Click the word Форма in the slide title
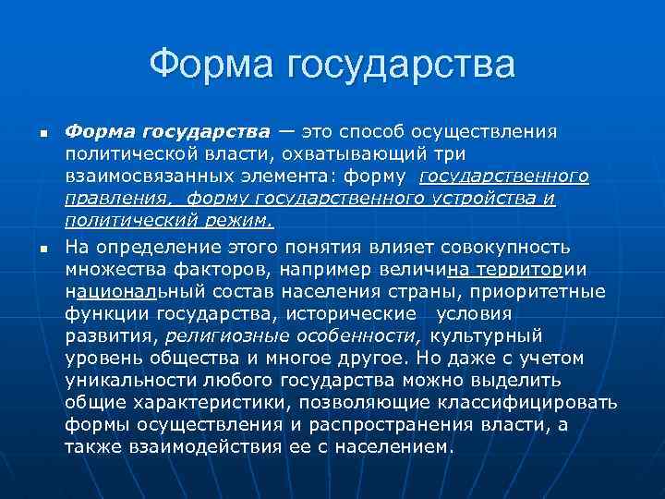(211, 66)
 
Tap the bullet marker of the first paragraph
(42, 134)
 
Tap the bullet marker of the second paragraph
(42, 249)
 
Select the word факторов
(231, 269)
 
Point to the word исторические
(356, 313)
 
